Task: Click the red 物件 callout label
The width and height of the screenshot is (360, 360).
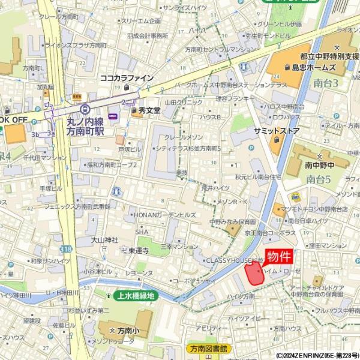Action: [280, 257]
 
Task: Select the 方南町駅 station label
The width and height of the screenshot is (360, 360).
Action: [85, 125]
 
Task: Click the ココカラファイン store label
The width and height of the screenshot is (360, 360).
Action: [127, 78]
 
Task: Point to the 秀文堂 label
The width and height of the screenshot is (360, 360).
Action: [149, 110]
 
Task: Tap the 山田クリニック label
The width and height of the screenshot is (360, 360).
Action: [184, 103]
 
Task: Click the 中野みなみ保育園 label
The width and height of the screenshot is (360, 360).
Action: [233, 221]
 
